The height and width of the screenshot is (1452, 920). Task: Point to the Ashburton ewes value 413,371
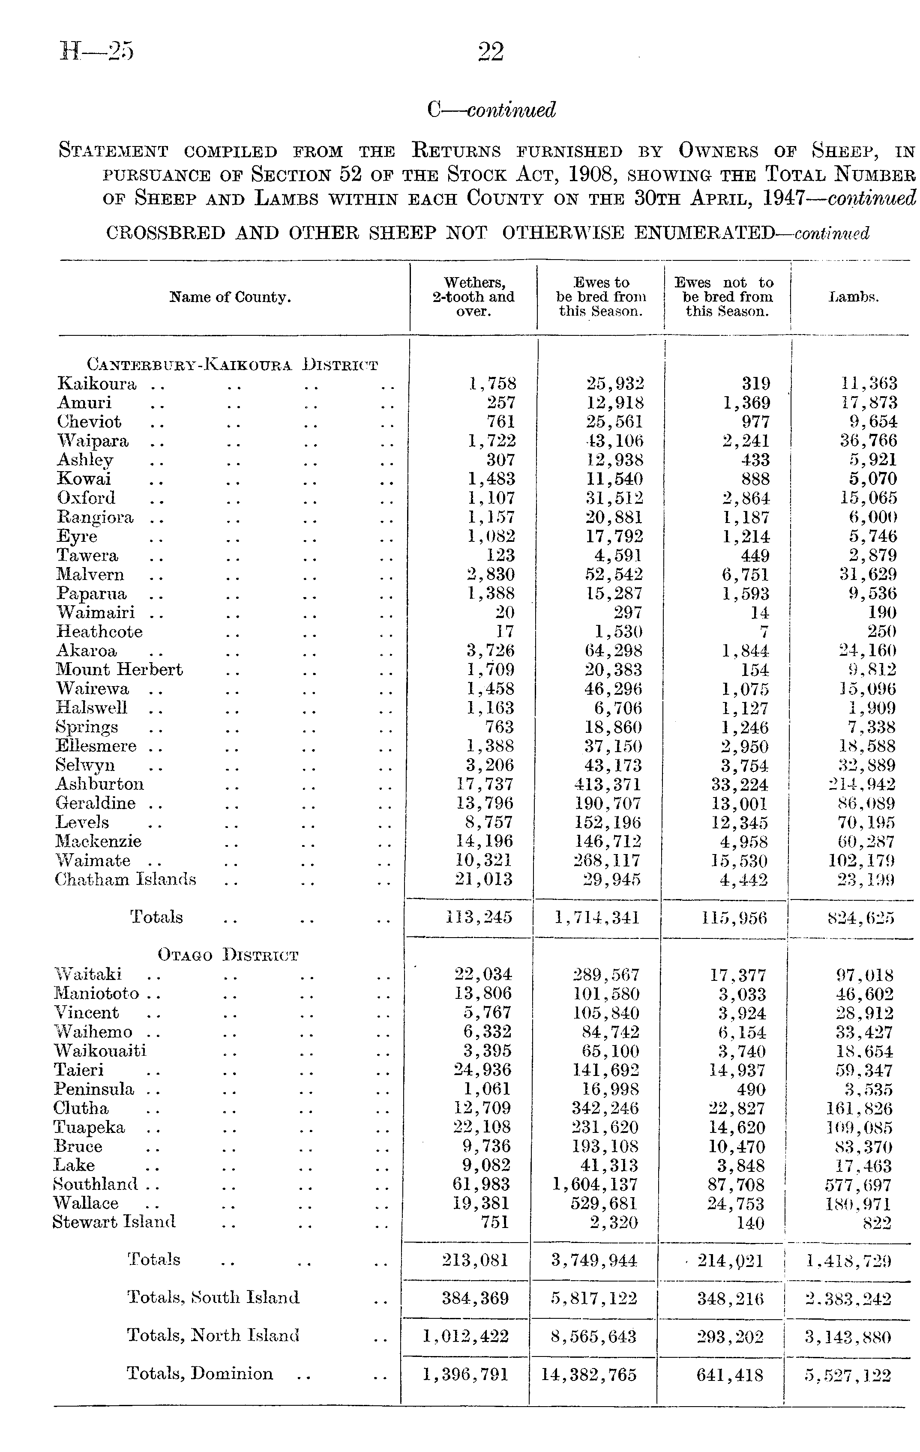[x=612, y=785]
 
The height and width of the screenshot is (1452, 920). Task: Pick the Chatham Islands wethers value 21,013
[x=484, y=879]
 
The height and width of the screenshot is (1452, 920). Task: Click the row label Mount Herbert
[x=120, y=670]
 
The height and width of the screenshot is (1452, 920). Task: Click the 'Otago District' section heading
[x=228, y=956]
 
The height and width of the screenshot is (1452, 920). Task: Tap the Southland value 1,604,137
[x=595, y=1185]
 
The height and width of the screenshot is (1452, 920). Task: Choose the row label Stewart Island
[x=114, y=1222]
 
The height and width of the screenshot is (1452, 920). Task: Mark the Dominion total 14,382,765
[x=588, y=1375]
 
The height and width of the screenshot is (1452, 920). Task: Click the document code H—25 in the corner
[x=96, y=52]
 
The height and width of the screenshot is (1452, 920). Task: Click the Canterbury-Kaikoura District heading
[x=232, y=365]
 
